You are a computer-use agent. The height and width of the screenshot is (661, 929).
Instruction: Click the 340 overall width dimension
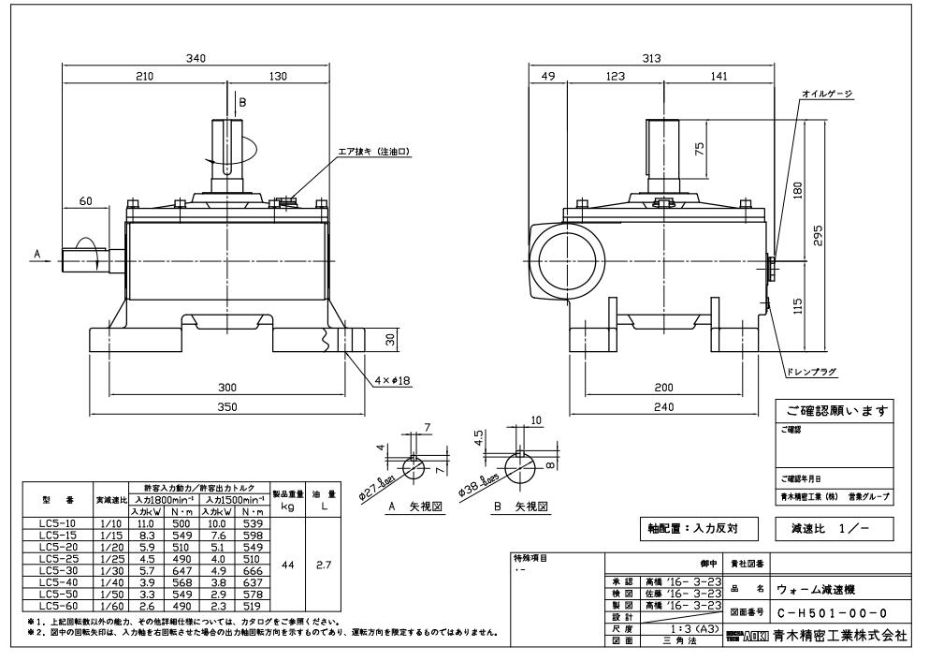click(196, 57)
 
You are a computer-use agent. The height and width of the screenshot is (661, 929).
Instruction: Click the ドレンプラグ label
click(812, 372)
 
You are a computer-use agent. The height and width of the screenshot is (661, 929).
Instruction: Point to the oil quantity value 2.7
click(319, 566)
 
